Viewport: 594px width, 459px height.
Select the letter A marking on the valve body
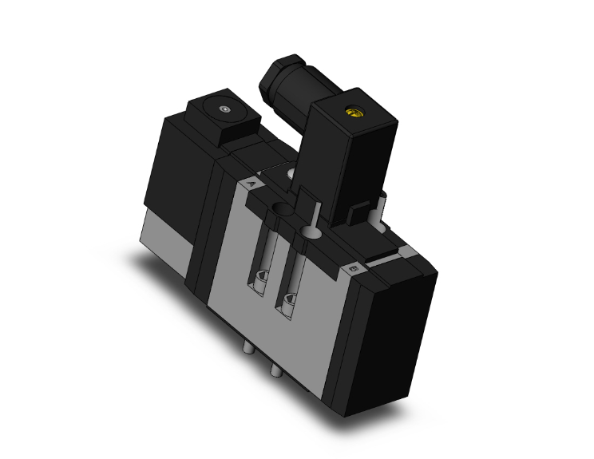(253, 183)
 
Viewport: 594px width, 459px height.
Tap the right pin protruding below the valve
(275, 369)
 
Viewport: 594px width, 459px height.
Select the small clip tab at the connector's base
(359, 212)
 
